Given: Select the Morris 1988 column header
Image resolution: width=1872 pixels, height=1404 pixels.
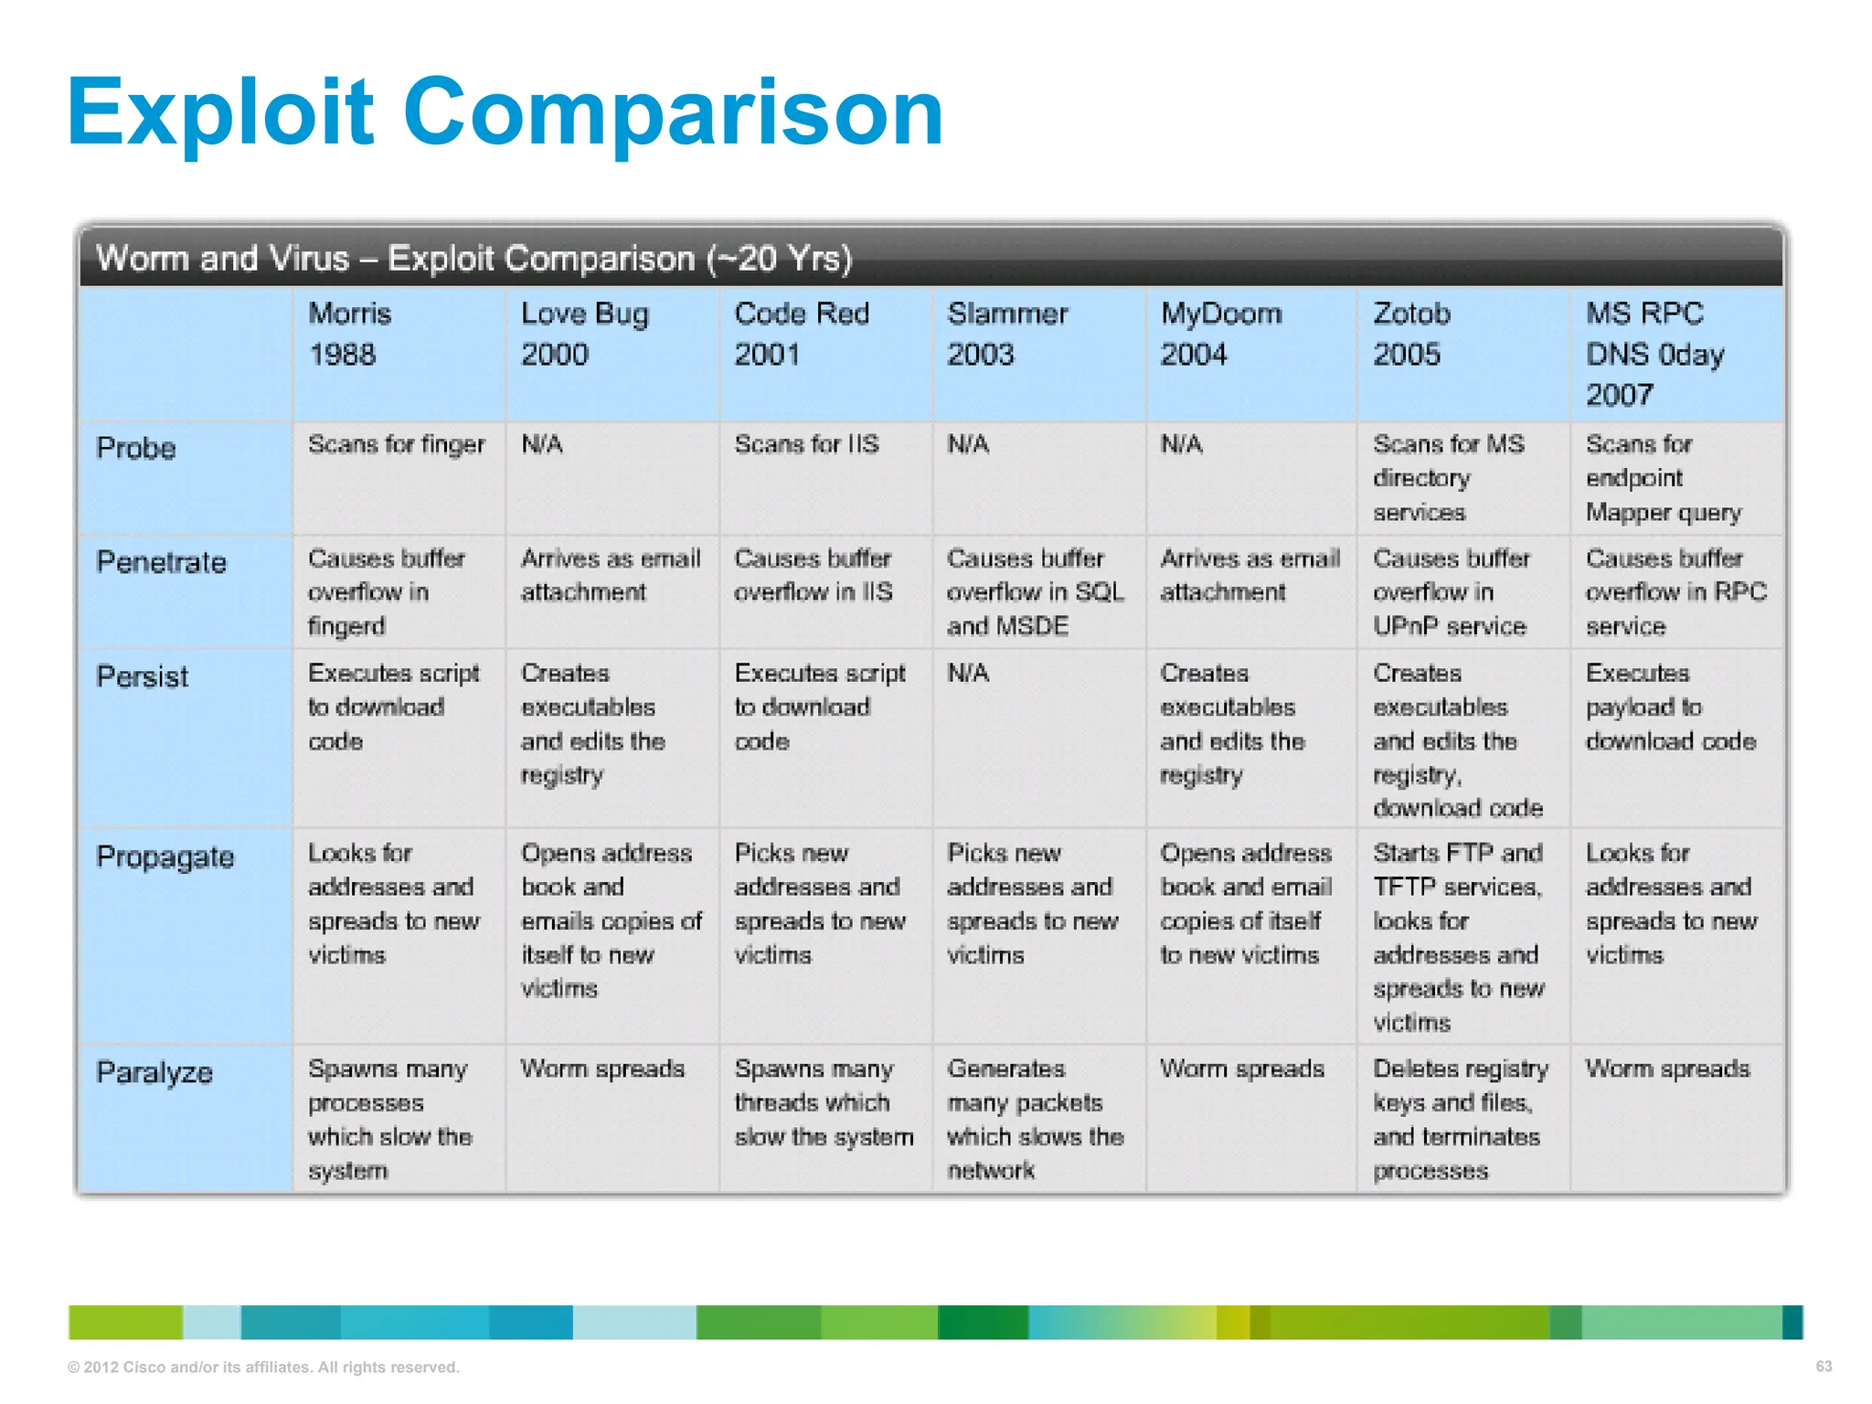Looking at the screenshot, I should [x=350, y=334].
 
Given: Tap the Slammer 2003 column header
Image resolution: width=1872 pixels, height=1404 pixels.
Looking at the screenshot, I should [x=1007, y=334].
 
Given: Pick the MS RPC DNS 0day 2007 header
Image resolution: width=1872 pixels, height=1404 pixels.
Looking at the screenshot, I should [x=1654, y=354].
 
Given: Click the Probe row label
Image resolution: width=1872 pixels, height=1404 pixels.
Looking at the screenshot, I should [x=136, y=448].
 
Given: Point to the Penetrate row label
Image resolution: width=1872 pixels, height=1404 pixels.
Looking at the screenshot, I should [x=161, y=562].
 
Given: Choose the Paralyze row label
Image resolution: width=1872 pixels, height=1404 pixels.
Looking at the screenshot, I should [x=154, y=1072].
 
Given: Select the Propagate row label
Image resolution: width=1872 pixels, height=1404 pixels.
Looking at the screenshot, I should [x=165, y=857].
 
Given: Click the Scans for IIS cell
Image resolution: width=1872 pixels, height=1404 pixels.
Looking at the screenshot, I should [x=806, y=444].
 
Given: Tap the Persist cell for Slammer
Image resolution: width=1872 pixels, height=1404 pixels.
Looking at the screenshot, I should [x=969, y=674].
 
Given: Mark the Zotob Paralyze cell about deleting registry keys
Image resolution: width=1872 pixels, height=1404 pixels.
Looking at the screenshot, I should [x=1460, y=1119].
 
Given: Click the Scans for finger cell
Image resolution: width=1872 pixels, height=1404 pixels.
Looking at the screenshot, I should [x=396, y=444].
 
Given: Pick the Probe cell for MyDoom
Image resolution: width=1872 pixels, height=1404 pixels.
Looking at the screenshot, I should [x=1181, y=444].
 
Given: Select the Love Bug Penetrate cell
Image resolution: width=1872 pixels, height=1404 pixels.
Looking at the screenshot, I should [x=611, y=575].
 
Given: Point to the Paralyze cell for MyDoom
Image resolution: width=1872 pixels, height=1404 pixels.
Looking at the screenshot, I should [x=1242, y=1069].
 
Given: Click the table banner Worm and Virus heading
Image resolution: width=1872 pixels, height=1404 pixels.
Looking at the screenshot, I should [x=474, y=259].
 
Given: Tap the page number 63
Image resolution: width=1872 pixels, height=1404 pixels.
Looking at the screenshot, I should [x=1824, y=1367].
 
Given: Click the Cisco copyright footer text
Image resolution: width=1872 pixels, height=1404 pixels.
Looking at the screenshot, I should [x=263, y=1367].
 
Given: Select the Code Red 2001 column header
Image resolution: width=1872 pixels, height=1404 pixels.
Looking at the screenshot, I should [x=802, y=334].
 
